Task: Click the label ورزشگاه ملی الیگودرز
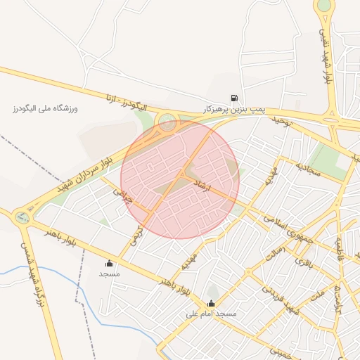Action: pyautogui.click(x=44, y=109)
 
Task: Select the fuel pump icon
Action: pyautogui.click(x=233, y=98)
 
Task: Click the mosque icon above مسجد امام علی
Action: pyautogui.click(x=211, y=304)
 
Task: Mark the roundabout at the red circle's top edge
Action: pyautogui.click(x=167, y=123)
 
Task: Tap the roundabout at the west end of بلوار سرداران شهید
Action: pyautogui.click(x=22, y=217)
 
